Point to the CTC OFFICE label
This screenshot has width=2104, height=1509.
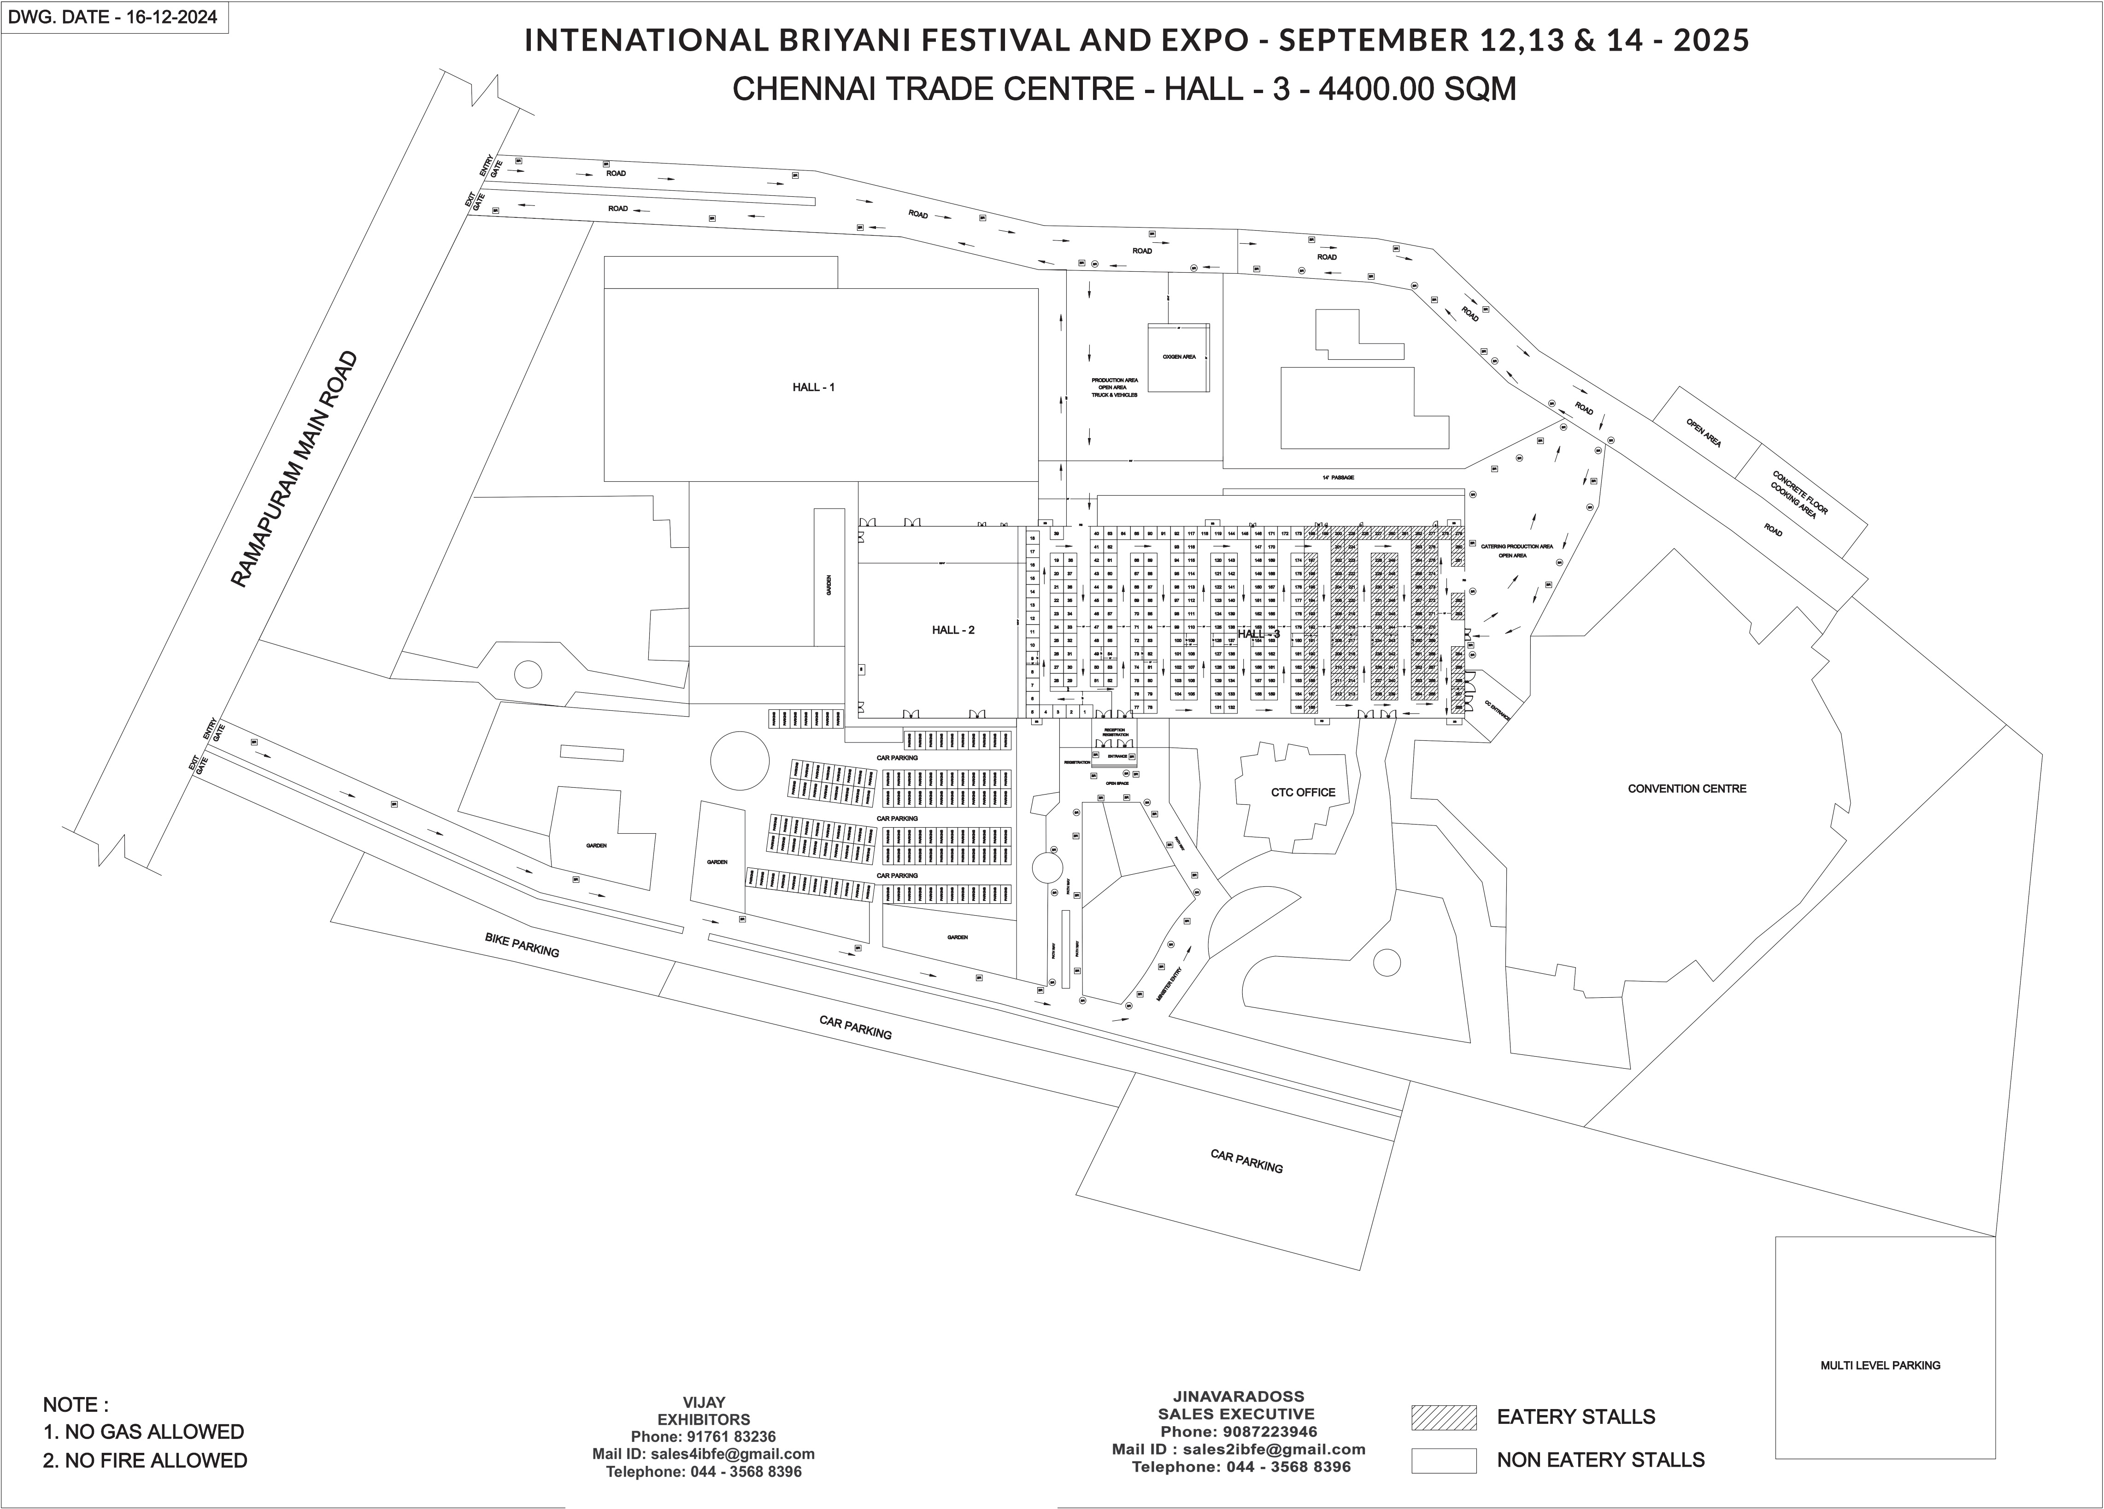(x=1303, y=792)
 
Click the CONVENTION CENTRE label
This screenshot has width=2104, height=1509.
(x=1687, y=788)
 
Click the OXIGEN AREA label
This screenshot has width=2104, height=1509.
(x=1178, y=357)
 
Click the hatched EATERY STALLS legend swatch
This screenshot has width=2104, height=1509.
(x=1444, y=1417)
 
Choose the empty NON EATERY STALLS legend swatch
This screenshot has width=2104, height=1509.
(x=1444, y=1461)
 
